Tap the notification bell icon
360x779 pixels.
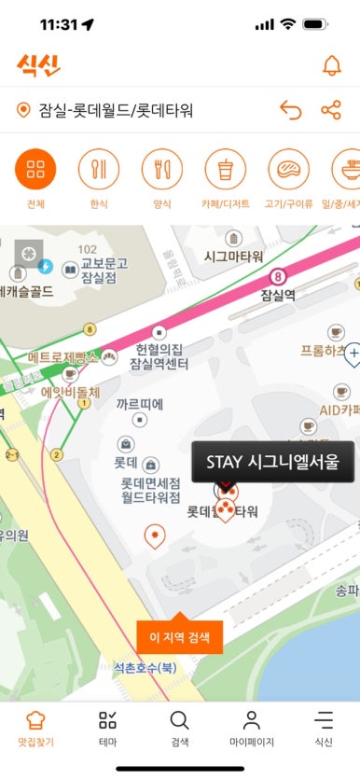click(331, 65)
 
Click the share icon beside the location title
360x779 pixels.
click(331, 111)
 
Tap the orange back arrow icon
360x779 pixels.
click(291, 111)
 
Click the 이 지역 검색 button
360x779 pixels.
click(180, 638)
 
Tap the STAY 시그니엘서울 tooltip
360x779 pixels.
click(273, 461)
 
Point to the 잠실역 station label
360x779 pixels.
click(277, 294)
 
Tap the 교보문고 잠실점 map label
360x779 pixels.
click(97, 271)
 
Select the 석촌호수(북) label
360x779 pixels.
click(145, 668)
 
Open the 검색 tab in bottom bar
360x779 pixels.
click(180, 728)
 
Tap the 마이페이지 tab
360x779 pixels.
click(251, 728)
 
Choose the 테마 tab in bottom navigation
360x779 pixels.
click(108, 728)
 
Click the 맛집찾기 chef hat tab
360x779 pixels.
click(35, 728)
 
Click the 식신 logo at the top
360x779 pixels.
click(37, 64)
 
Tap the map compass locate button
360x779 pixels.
click(28, 253)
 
